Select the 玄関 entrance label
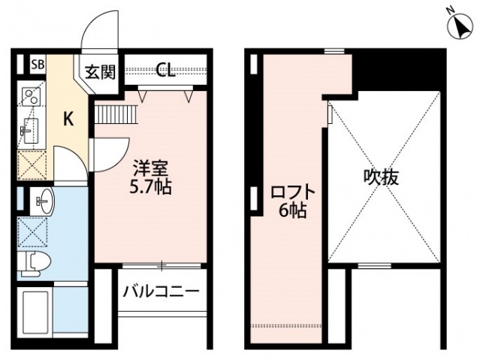[x=98, y=72]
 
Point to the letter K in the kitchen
[x=68, y=118]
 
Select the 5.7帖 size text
[x=151, y=186]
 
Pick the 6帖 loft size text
[x=292, y=211]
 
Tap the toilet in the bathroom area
[x=35, y=262]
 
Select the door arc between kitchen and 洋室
[x=113, y=154]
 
